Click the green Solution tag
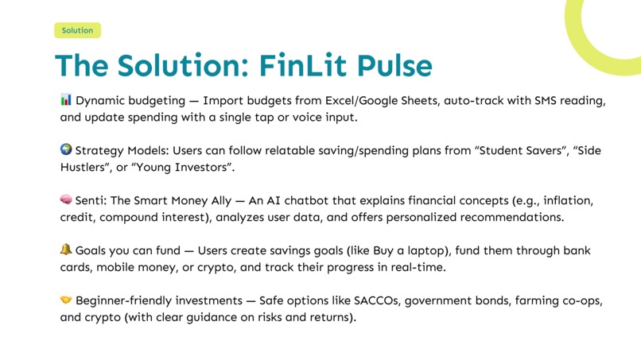coord(77,30)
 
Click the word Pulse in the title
coord(388,65)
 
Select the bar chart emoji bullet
coord(66,100)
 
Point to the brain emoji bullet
coord(66,199)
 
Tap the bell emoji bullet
coord(66,250)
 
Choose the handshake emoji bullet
coord(66,300)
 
